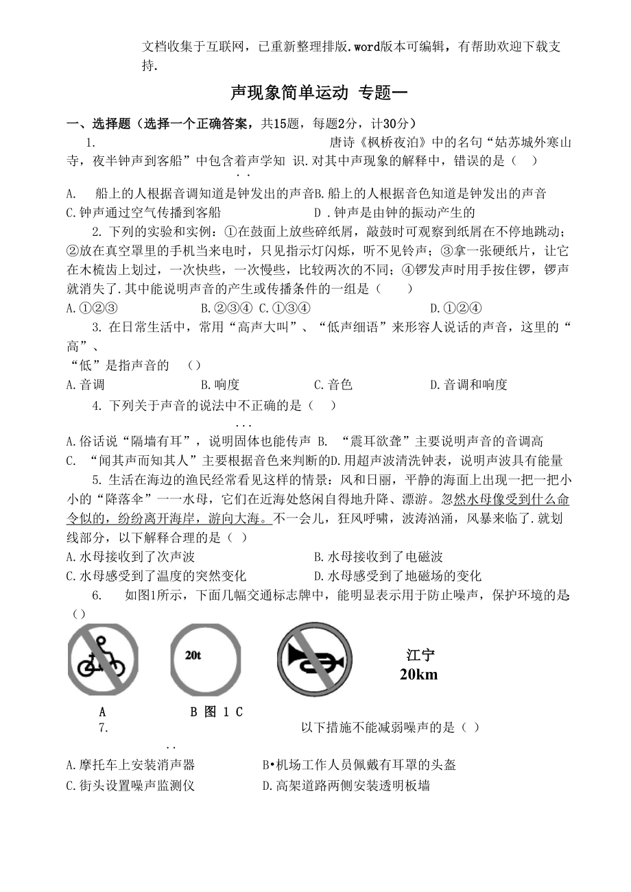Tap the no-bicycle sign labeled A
103,659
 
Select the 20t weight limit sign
206,659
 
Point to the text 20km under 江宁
418,675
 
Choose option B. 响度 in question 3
219,385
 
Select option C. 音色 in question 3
333,385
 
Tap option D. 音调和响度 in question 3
468,385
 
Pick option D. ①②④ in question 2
455,309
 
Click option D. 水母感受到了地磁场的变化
397,575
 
